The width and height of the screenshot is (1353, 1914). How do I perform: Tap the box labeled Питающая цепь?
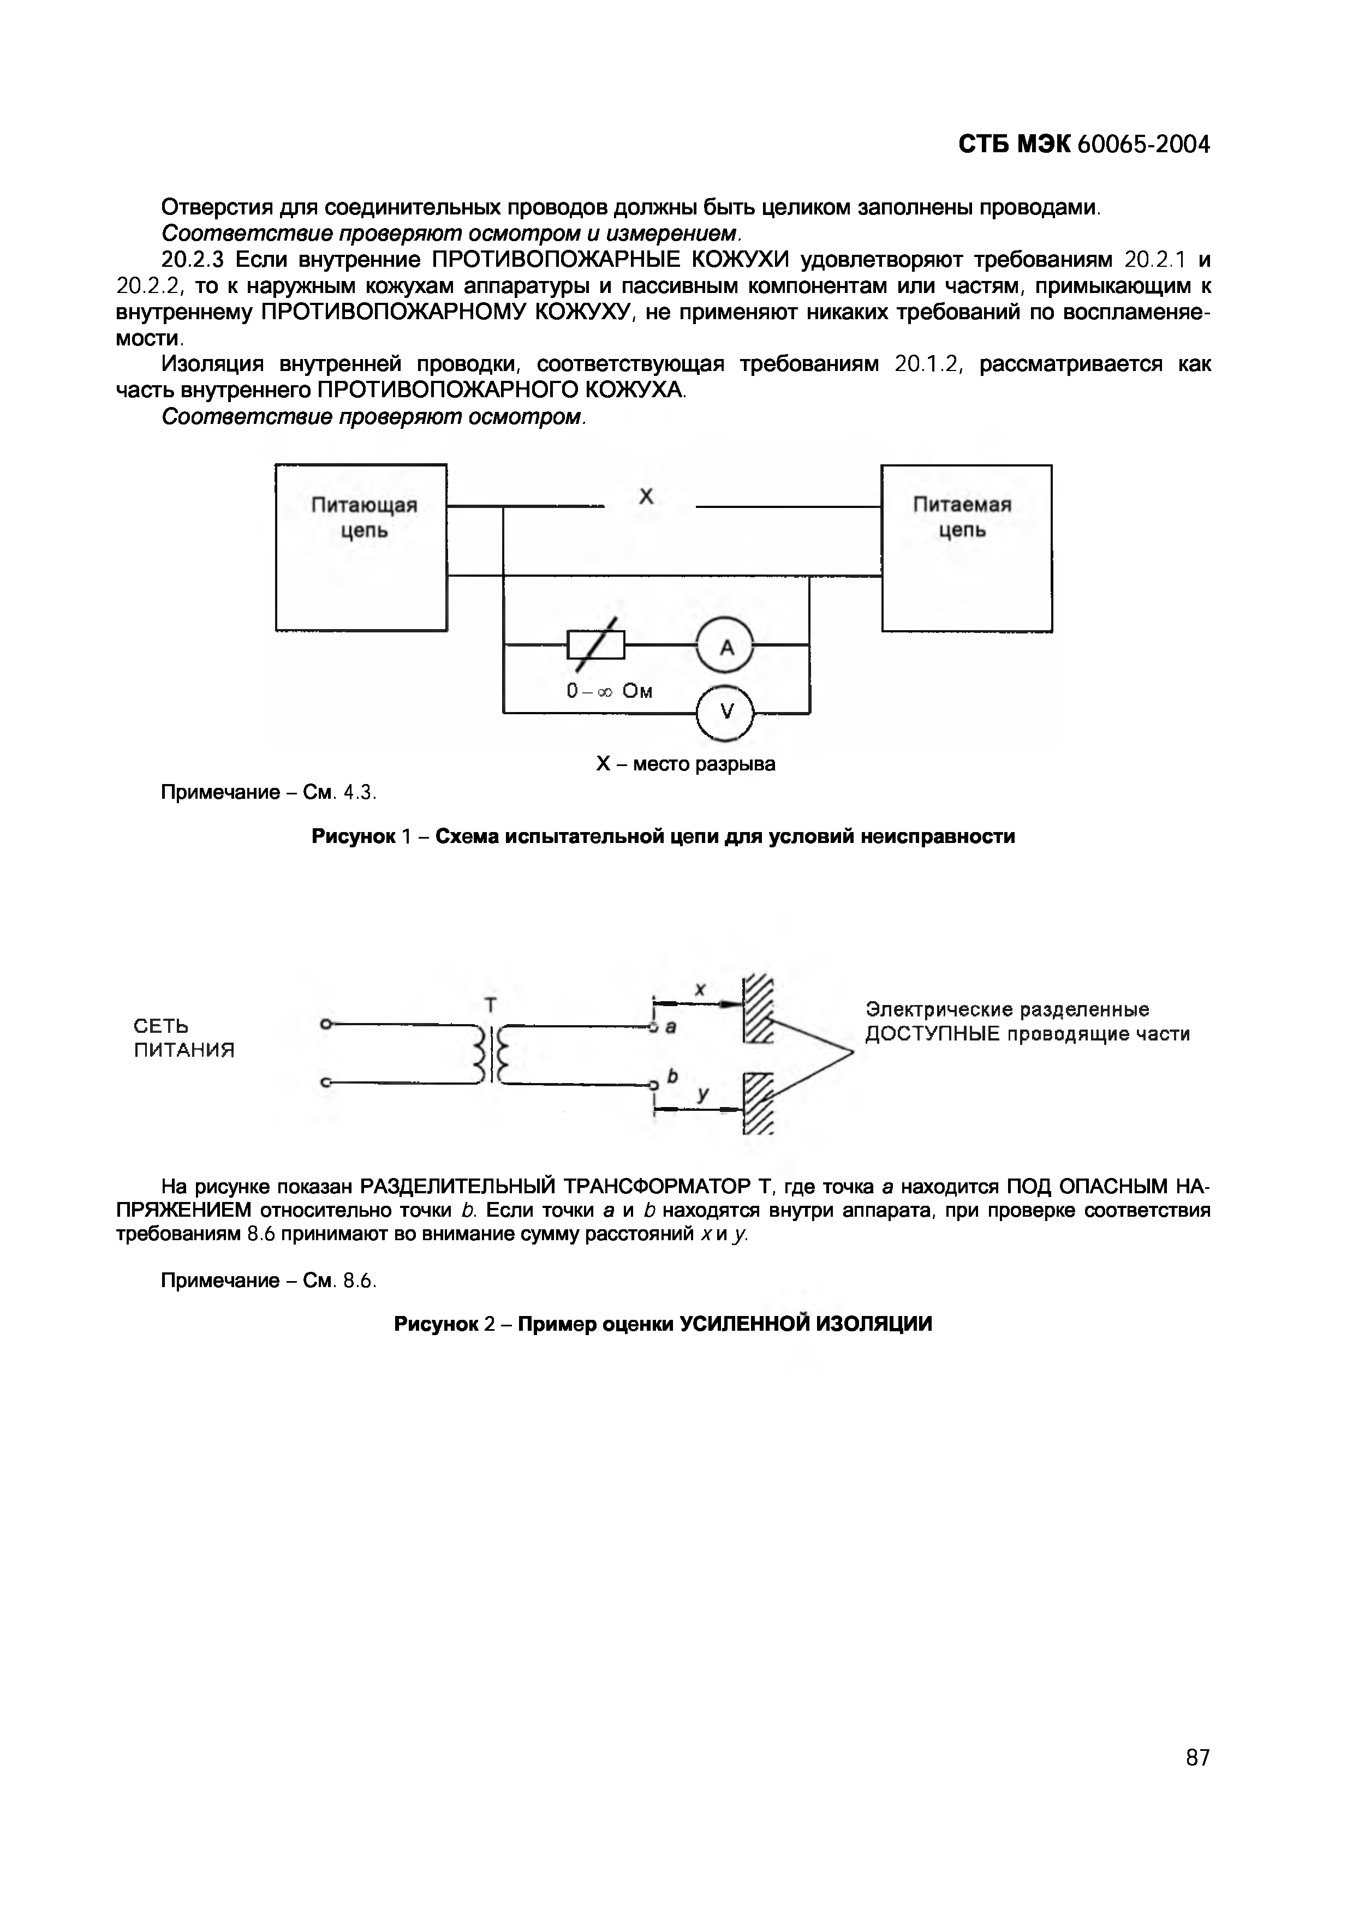(x=362, y=548)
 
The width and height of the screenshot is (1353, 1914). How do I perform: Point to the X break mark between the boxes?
(x=646, y=497)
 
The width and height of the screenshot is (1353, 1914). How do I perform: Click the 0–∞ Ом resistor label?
(x=610, y=691)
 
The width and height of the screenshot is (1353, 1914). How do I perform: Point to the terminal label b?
(x=672, y=1076)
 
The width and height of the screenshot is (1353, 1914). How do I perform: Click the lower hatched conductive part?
(x=758, y=1103)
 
